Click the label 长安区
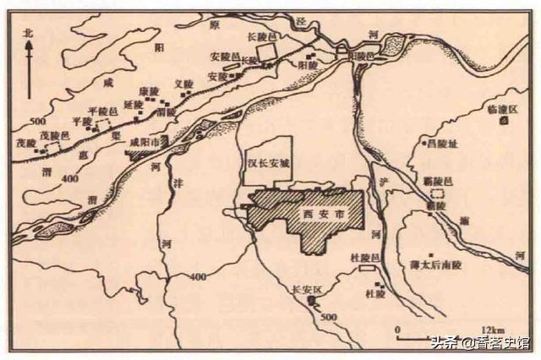tap(307, 286)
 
